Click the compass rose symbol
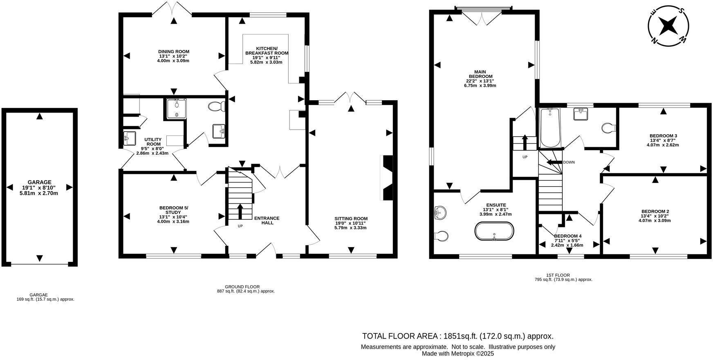668,25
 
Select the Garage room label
39,187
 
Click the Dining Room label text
173,56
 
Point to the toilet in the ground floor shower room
216,107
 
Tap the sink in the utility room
129,138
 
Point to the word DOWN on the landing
568,162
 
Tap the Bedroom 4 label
567,241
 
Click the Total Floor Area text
457,336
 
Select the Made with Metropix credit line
457,354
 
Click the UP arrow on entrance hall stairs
240,211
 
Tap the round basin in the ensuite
440,212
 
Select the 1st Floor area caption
563,277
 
